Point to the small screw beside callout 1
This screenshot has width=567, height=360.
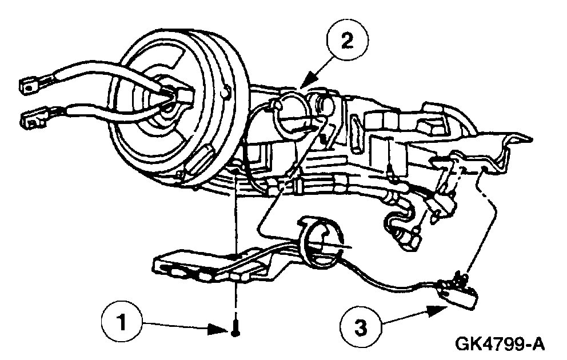click(x=235, y=330)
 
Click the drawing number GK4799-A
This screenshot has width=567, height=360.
click(x=499, y=344)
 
